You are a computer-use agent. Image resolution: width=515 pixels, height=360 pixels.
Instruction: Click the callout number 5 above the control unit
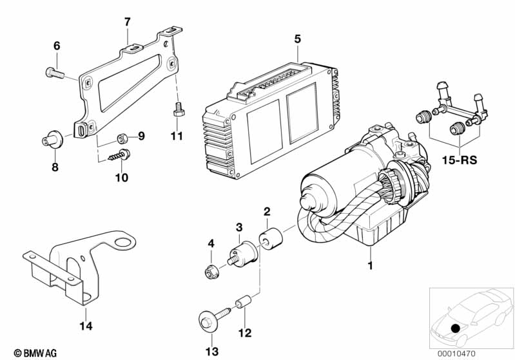(297, 39)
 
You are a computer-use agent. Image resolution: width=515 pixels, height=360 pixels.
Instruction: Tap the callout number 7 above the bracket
(127, 22)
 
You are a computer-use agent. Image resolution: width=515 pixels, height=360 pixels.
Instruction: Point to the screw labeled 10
(121, 155)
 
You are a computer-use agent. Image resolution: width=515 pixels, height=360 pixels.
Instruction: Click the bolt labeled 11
(177, 113)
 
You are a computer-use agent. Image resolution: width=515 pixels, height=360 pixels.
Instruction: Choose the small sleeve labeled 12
(244, 302)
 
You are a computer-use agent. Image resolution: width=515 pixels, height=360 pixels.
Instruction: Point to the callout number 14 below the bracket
(86, 326)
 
